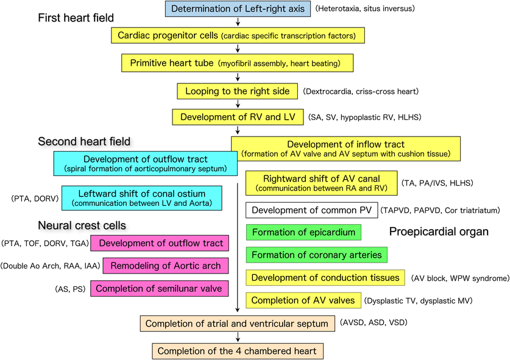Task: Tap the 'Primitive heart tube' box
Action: pos(238,63)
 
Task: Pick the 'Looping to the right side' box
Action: pos(238,91)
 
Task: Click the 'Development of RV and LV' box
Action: pos(238,116)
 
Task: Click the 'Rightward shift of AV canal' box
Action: pos(321,183)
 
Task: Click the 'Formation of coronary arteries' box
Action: pos(317,255)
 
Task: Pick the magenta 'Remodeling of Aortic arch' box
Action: pos(160,266)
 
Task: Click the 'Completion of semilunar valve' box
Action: pos(160,288)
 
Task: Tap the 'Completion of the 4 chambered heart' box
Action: pos(238,351)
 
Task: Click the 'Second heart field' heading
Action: pos(84,141)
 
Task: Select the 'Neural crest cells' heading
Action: pos(82,225)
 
